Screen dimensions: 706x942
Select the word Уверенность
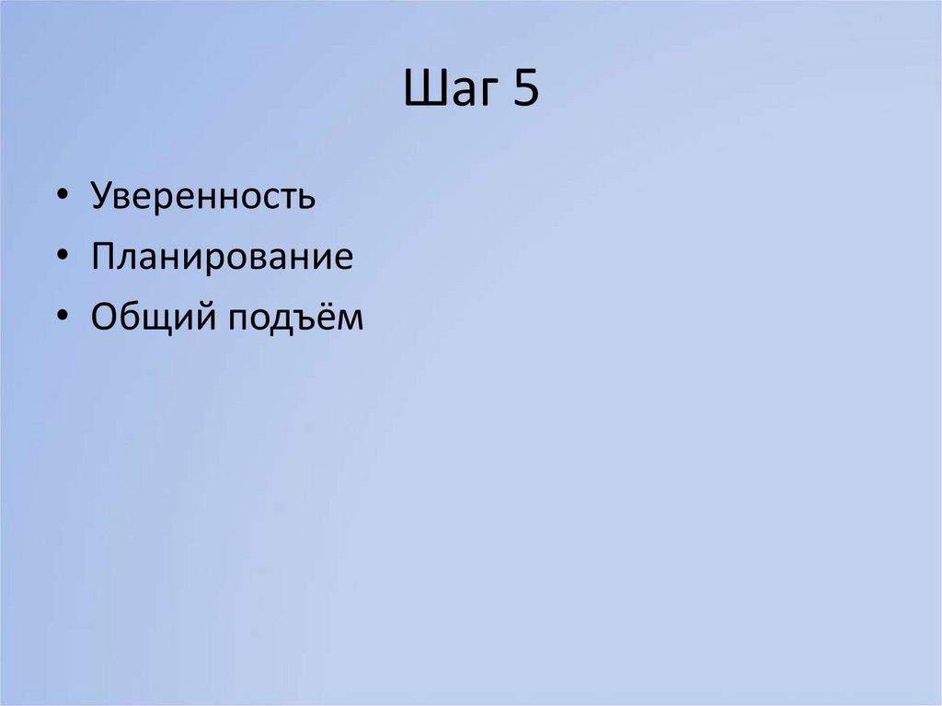203,197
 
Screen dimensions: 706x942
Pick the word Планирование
222,257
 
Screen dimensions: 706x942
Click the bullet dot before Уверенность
62,198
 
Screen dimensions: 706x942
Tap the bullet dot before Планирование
62,258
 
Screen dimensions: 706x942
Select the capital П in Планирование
103,257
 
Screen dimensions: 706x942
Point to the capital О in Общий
104,317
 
